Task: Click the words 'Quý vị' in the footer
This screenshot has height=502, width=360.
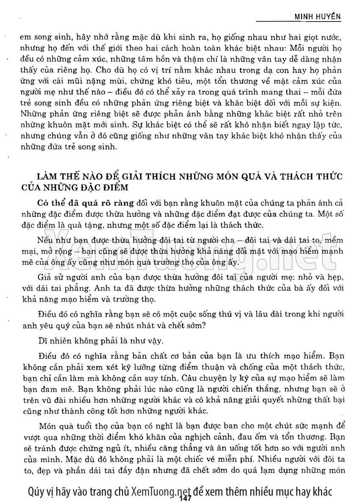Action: click(39, 491)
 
